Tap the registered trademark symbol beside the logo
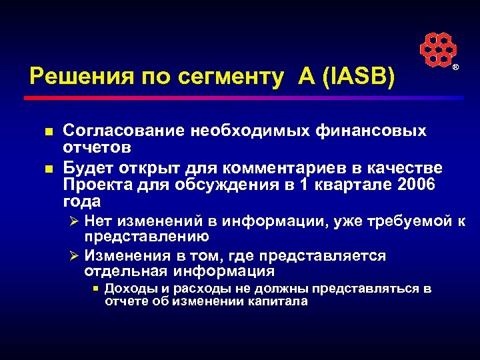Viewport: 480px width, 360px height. [x=456, y=69]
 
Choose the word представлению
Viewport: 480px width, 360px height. [x=147, y=237]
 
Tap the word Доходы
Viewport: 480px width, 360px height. [x=129, y=289]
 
